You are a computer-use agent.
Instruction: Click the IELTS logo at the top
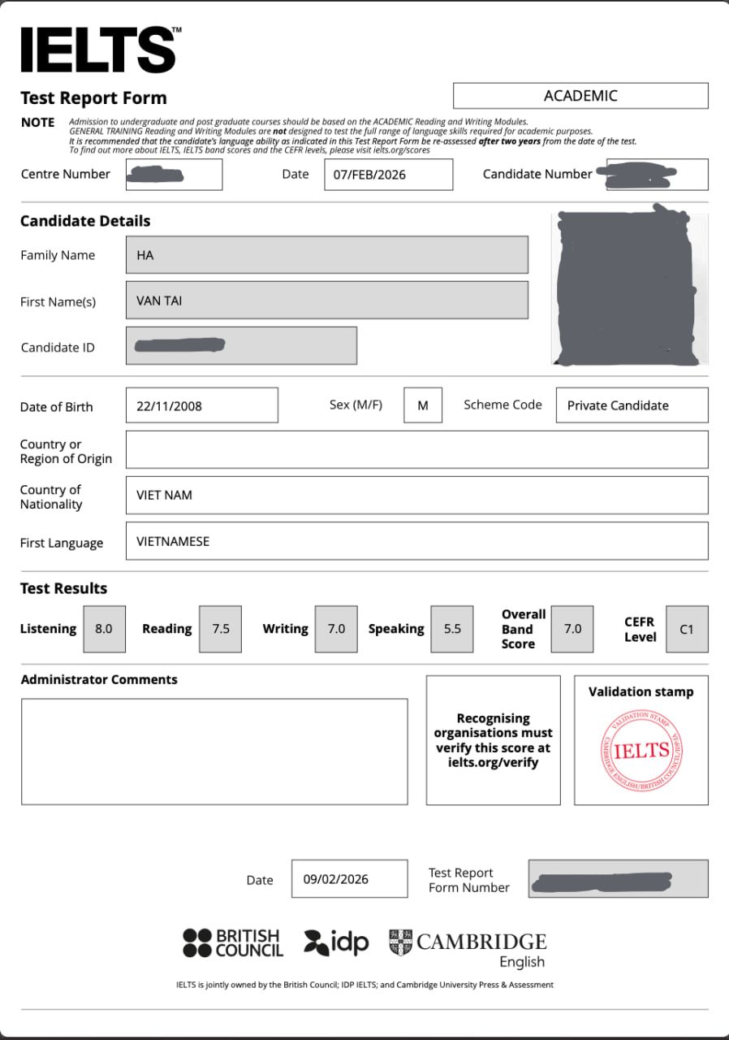tap(98, 50)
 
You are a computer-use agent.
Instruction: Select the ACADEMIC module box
tap(580, 96)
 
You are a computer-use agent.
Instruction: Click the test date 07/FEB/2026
tap(388, 175)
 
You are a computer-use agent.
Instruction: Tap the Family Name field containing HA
tap(326, 255)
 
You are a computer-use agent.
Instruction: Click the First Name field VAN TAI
tap(326, 301)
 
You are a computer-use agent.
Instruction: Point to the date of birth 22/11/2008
tap(201, 405)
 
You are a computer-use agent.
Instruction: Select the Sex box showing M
tap(423, 405)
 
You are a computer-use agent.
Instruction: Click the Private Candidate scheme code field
tap(632, 405)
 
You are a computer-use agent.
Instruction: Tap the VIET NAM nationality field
tap(416, 495)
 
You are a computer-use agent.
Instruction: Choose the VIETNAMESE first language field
tap(416, 541)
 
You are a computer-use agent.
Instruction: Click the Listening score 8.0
tap(104, 629)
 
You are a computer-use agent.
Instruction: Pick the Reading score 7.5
tap(220, 629)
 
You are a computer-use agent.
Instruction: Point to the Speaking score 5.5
tap(452, 629)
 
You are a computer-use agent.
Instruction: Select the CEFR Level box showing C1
tap(687, 629)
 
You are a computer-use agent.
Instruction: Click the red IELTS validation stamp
tap(641, 750)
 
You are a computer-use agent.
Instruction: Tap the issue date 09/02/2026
tap(349, 879)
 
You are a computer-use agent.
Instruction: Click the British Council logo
tap(233, 942)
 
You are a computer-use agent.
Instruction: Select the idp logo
tap(336, 942)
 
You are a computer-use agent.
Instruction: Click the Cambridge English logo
tap(468, 948)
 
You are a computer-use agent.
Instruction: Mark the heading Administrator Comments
tap(99, 679)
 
